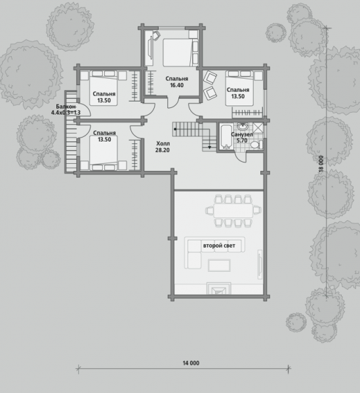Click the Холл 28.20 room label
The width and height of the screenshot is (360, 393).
pyautogui.click(x=163, y=147)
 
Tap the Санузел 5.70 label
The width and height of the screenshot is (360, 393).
pyautogui.click(x=242, y=138)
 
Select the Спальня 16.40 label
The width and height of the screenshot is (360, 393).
pyautogui.click(x=176, y=82)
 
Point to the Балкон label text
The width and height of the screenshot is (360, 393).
pyautogui.click(x=66, y=107)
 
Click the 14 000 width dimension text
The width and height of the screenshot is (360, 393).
pyautogui.click(x=191, y=363)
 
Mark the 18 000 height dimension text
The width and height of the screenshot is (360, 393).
pyautogui.click(x=321, y=164)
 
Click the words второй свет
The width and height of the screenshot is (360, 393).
pyautogui.click(x=219, y=246)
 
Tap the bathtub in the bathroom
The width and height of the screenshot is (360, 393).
pyautogui.click(x=226, y=137)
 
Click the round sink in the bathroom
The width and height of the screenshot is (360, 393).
pyautogui.click(x=243, y=126)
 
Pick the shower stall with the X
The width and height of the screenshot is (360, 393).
pyautogui.click(x=258, y=128)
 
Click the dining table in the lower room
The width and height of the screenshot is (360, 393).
pyautogui.click(x=233, y=210)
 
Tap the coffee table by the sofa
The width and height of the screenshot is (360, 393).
pyautogui.click(x=219, y=265)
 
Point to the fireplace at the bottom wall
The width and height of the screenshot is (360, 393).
pyautogui.click(x=219, y=288)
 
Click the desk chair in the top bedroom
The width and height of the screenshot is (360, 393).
pyautogui.click(x=156, y=35)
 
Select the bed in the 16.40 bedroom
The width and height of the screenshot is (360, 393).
pyautogui.click(x=180, y=52)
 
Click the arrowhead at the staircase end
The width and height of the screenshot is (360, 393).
pyautogui.click(x=209, y=147)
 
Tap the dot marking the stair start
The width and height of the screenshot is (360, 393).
pyautogui.click(x=175, y=129)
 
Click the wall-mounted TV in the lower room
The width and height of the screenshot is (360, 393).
pyautogui.click(x=260, y=264)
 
